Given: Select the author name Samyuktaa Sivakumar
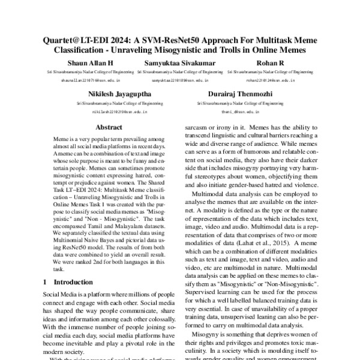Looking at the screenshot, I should pyautogui.click(x=180, y=63).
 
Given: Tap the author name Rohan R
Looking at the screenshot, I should pyautogui.click(x=269, y=63).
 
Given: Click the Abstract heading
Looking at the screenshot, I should pyautogui.click(x=109, y=127).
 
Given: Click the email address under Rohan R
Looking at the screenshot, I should pyautogui.click(x=270, y=80).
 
